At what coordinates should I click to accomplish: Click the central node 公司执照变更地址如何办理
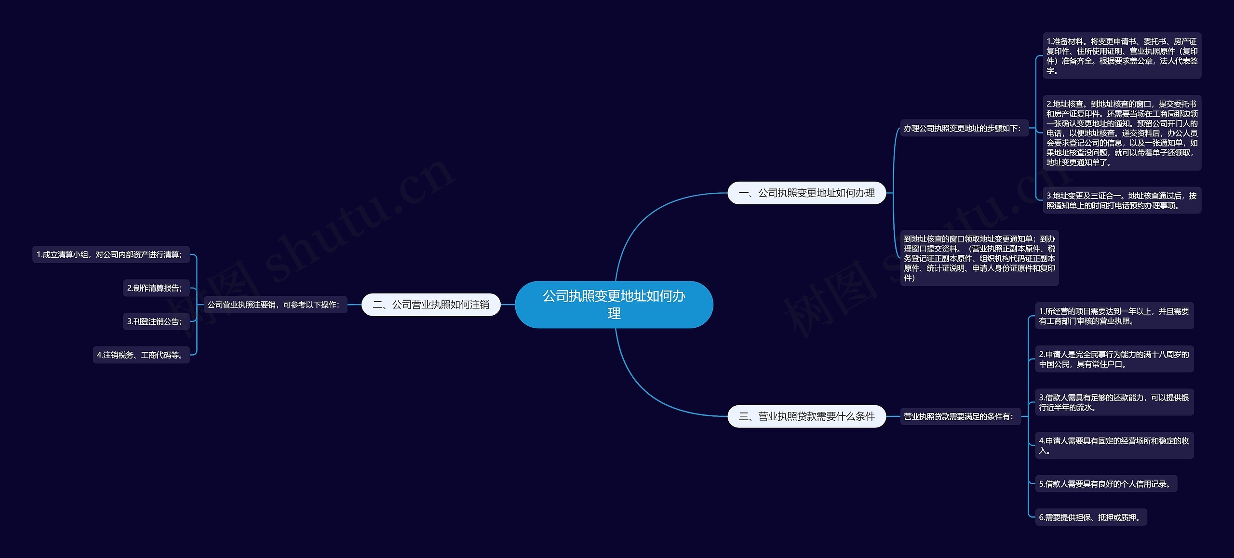coord(614,305)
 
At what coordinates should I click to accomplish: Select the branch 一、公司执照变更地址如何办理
coord(806,193)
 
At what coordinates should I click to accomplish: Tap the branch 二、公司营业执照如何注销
coord(431,305)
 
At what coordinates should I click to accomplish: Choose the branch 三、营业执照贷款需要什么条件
coord(806,416)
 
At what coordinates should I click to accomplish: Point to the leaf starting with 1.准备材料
coord(1121,56)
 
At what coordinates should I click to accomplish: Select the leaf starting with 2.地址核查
coord(1121,133)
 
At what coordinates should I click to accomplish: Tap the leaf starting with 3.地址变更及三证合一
coord(1121,200)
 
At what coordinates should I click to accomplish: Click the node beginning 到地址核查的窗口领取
coord(979,258)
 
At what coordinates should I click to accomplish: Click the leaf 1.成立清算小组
coord(110,254)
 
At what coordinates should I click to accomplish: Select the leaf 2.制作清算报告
coord(156,288)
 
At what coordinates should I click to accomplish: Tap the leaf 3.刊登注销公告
coord(156,321)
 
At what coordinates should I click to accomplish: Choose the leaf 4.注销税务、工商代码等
coord(141,355)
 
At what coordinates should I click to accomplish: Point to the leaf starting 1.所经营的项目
coord(1114,316)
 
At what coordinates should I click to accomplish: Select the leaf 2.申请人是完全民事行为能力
coord(1114,359)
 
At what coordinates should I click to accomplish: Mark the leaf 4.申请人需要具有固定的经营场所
coord(1114,445)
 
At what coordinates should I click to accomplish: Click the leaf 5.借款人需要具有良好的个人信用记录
coord(1106,484)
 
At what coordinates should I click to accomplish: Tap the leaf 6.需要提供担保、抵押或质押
coord(1091,518)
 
